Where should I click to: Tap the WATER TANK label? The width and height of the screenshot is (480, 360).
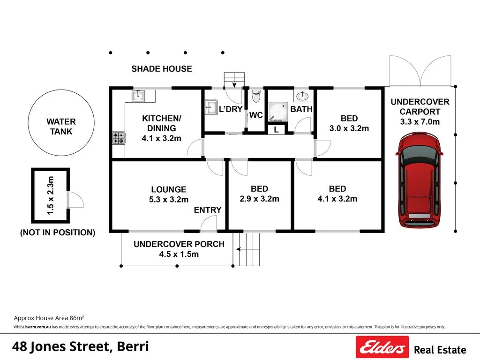coord(61,127)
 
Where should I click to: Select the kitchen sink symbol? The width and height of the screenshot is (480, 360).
coord(138,96)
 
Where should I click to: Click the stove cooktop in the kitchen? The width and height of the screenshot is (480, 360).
coord(119,138)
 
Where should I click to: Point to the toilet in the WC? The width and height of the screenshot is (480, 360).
coord(255,97)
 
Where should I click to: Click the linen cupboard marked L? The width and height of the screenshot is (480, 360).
coord(276,130)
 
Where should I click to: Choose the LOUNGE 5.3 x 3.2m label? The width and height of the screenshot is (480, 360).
coord(168,194)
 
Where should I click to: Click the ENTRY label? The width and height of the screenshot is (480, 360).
coord(208,210)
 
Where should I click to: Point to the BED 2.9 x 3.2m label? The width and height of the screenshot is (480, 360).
coord(259,194)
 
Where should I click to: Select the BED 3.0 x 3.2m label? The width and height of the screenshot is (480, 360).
coord(349,123)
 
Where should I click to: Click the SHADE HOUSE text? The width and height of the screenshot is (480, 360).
coord(161,69)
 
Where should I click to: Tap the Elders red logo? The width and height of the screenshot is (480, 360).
coord(382,347)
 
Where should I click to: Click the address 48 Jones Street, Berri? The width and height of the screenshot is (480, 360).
coord(80,347)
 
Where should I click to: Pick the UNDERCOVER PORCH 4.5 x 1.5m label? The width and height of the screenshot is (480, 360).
coord(179,249)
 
